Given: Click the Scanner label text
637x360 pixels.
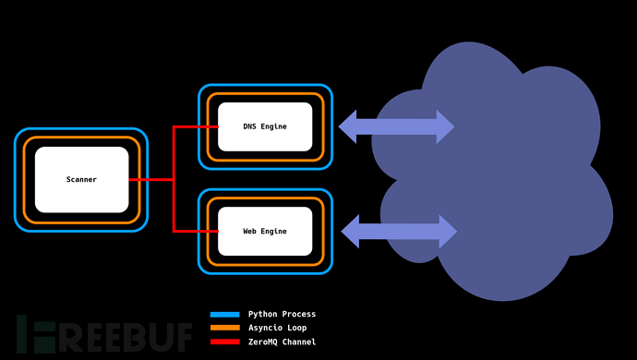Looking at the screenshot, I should click(x=81, y=179).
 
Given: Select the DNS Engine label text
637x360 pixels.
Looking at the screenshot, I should click(x=265, y=127).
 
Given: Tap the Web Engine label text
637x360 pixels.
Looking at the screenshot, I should click(x=265, y=231).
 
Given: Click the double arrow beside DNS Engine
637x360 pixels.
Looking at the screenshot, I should click(x=396, y=126).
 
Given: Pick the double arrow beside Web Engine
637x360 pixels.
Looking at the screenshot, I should click(x=400, y=231).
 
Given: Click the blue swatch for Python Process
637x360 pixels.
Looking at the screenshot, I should click(x=224, y=314).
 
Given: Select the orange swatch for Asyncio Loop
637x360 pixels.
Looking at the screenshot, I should click(x=224, y=328).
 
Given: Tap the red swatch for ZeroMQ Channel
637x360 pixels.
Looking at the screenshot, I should click(x=224, y=342).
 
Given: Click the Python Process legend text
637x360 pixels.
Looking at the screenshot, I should click(x=282, y=314).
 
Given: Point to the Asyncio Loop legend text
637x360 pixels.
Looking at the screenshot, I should click(x=278, y=328).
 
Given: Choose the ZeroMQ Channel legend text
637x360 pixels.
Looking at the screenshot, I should click(x=282, y=342).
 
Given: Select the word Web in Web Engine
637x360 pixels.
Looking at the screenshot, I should click(x=250, y=231).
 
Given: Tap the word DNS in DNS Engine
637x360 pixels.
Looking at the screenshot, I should click(x=250, y=127).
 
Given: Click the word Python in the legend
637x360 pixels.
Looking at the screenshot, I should click(x=264, y=314).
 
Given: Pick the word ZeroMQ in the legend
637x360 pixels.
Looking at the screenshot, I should click(x=264, y=342).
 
